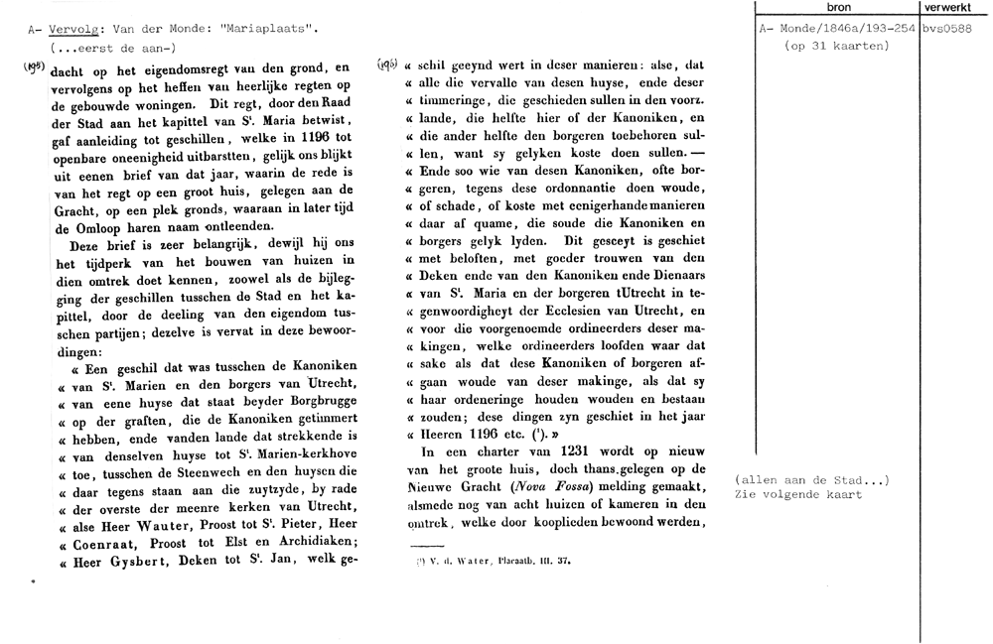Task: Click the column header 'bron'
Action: click(x=838, y=7)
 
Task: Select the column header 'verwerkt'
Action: click(x=954, y=7)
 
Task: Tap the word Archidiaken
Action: click(x=296, y=545)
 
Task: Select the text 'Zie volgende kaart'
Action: click(x=798, y=493)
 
